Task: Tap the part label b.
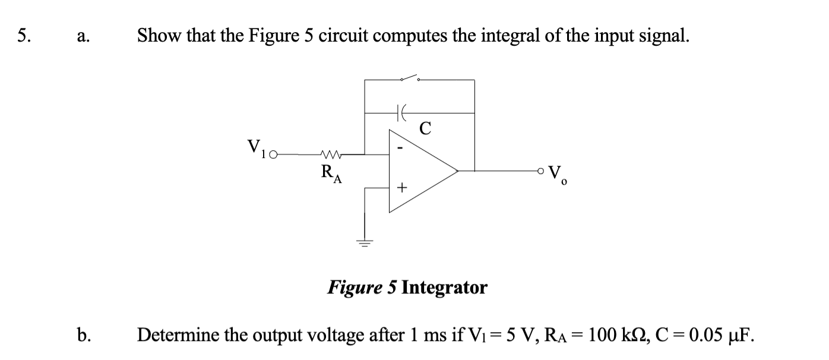[x=83, y=335]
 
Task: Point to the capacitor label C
[x=425, y=128]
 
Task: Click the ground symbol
[x=364, y=242]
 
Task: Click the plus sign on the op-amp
[x=401, y=189]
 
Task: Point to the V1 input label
[x=256, y=147]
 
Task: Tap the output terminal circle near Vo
[x=541, y=171]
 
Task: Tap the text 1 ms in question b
[x=408, y=335]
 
